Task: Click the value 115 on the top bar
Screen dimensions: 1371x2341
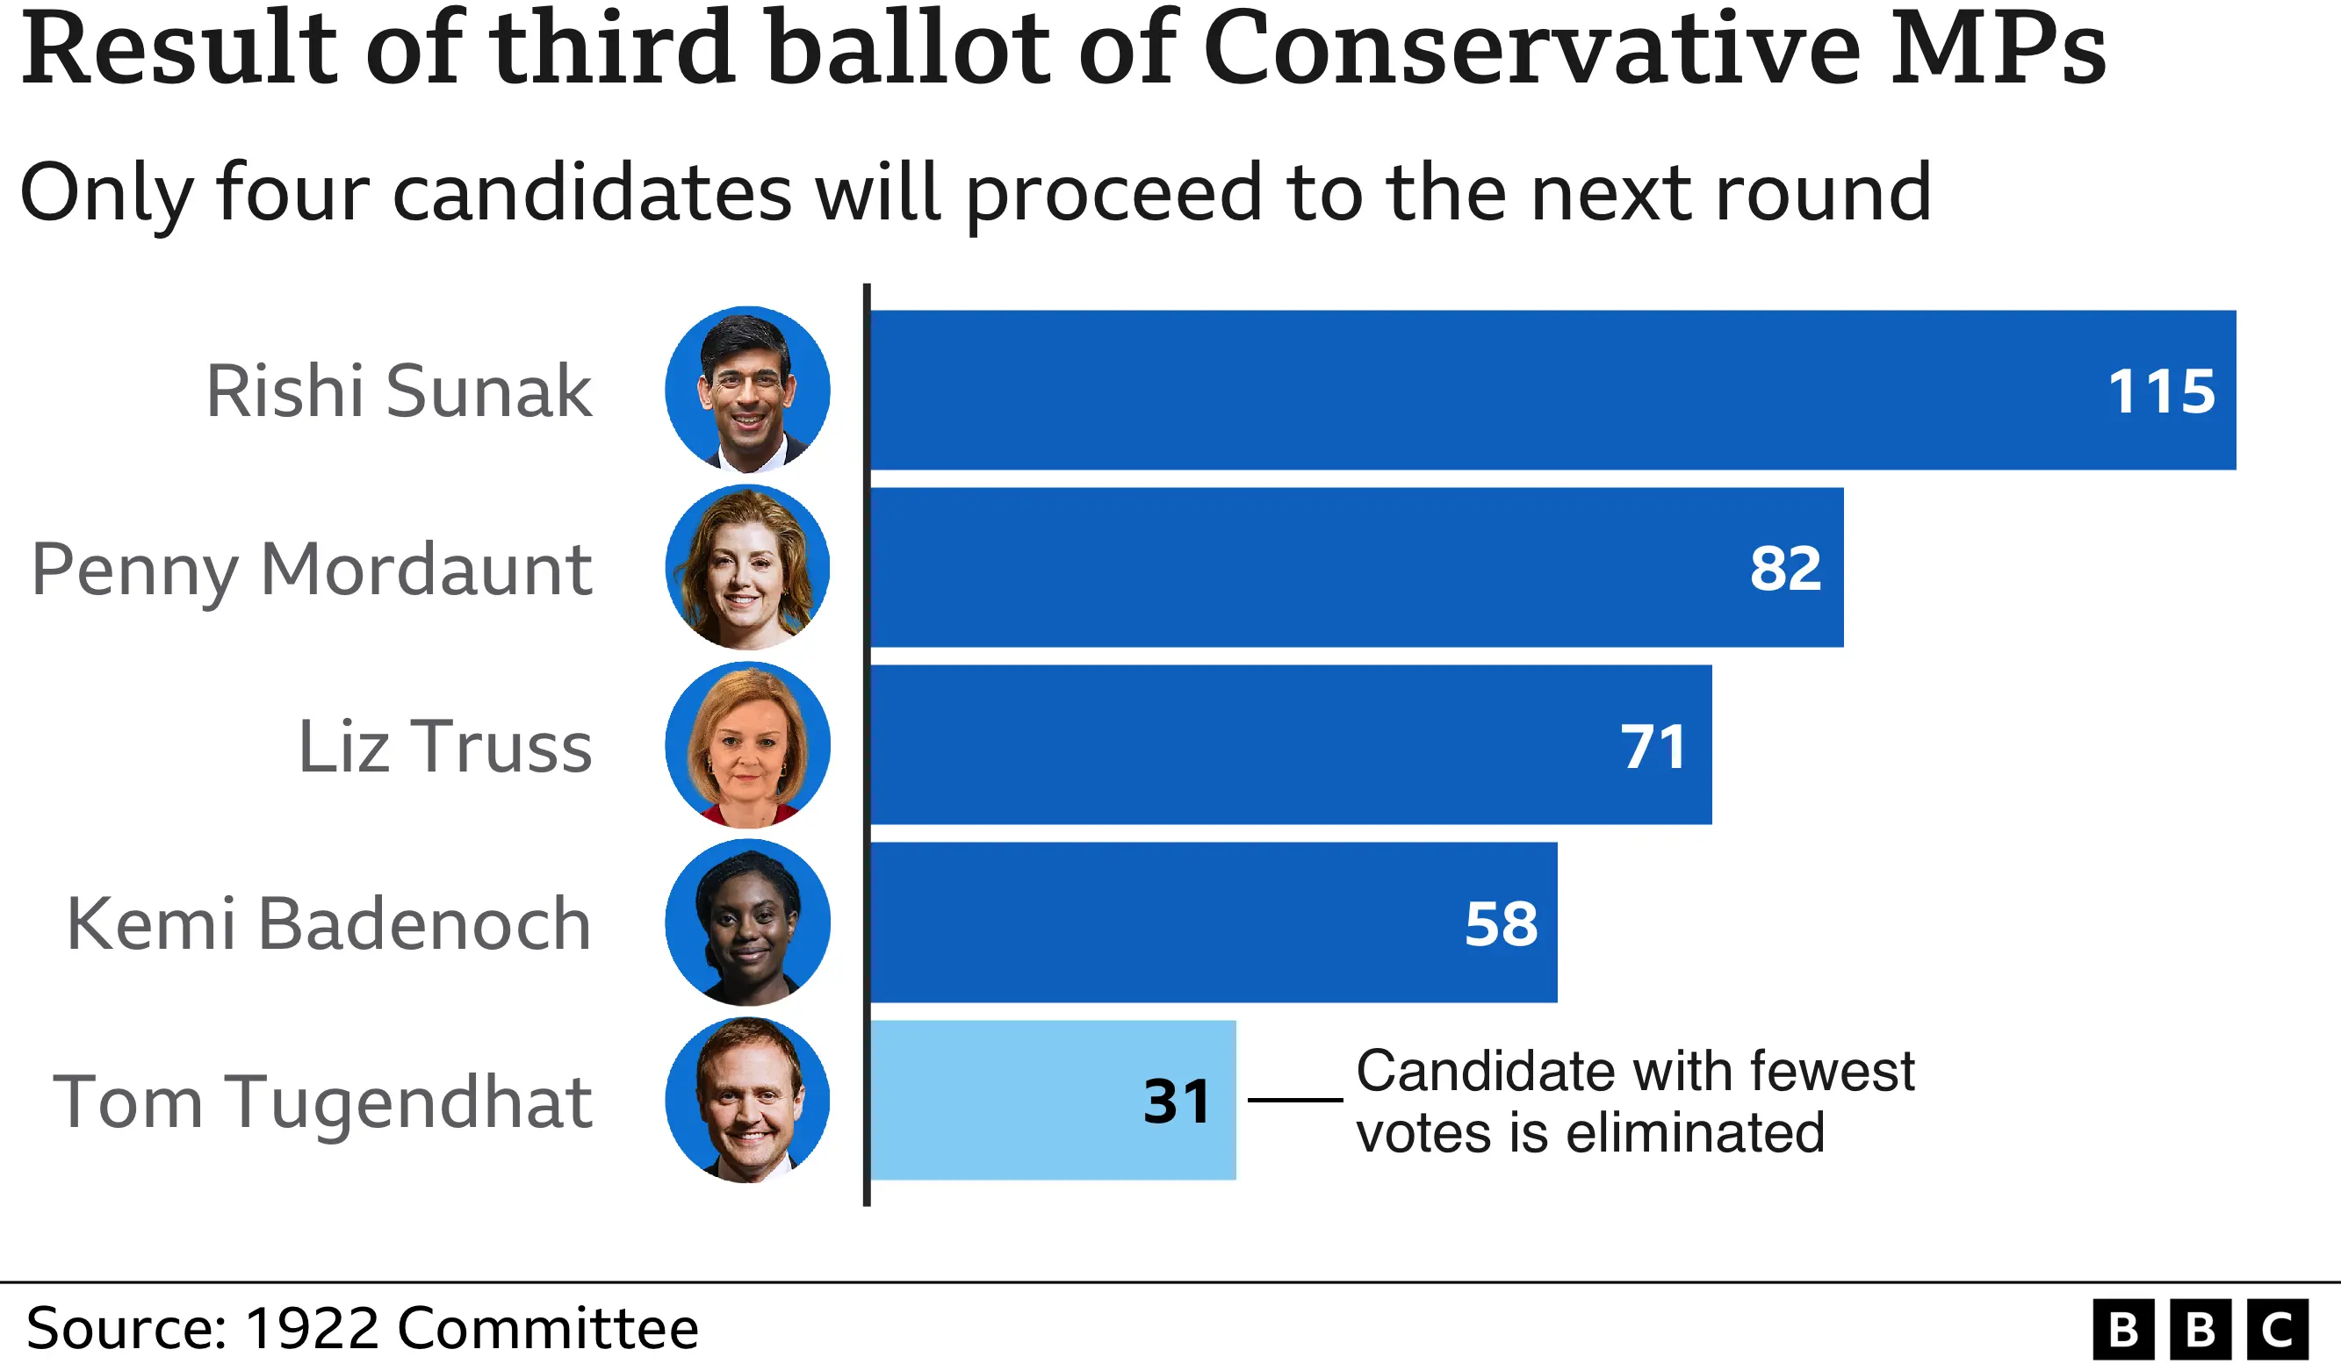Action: [2161, 391]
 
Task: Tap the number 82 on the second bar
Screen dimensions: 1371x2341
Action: [1784, 569]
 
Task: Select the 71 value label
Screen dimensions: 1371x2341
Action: [1653, 747]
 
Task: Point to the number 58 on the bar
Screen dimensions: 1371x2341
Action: [1502, 924]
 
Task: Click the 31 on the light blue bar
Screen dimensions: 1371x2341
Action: [1176, 1102]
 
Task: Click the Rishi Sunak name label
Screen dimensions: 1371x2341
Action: [398, 391]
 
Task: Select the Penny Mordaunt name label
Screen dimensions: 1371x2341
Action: [311, 570]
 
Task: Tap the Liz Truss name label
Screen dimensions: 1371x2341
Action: [444, 747]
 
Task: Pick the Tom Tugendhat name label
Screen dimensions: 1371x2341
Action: [321, 1102]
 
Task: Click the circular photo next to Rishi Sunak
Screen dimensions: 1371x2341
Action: [747, 389]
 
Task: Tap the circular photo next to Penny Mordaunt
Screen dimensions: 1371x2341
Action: [747, 567]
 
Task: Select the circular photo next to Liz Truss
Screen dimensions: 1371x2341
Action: [747, 745]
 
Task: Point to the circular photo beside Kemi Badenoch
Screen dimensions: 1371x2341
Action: [747, 922]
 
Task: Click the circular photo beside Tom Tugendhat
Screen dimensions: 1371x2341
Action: [747, 1100]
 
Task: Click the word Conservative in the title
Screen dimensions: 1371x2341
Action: [1531, 48]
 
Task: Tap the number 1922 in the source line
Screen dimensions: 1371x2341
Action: [312, 1328]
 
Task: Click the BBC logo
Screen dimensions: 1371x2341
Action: [2200, 1329]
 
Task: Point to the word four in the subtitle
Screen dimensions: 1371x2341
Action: [292, 193]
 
